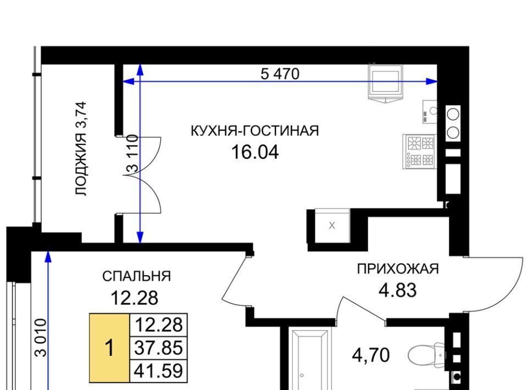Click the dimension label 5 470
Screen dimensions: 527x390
tap(279, 74)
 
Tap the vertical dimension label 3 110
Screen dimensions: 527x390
tap(132, 154)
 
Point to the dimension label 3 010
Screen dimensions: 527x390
tap(40, 338)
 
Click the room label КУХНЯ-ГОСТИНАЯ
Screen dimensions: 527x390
tap(255, 130)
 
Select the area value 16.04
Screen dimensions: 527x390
tap(255, 152)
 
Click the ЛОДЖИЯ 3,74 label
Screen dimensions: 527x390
tap(81, 149)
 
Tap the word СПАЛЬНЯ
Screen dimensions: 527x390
tap(137, 276)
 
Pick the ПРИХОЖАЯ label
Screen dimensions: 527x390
tap(398, 269)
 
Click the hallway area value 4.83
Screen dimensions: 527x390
tap(397, 290)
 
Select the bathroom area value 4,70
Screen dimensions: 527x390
tap(371, 355)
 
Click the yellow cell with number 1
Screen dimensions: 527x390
tap(110, 348)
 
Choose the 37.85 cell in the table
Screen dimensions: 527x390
tap(158, 348)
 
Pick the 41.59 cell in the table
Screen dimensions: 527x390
tap(158, 371)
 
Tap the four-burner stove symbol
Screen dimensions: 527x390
tap(420, 151)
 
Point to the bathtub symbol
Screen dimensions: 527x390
tap(310, 360)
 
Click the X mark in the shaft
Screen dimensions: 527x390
tap(332, 226)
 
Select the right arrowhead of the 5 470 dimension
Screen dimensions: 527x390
tap(431, 81)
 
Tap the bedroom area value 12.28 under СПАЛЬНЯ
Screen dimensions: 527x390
tap(134, 298)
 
